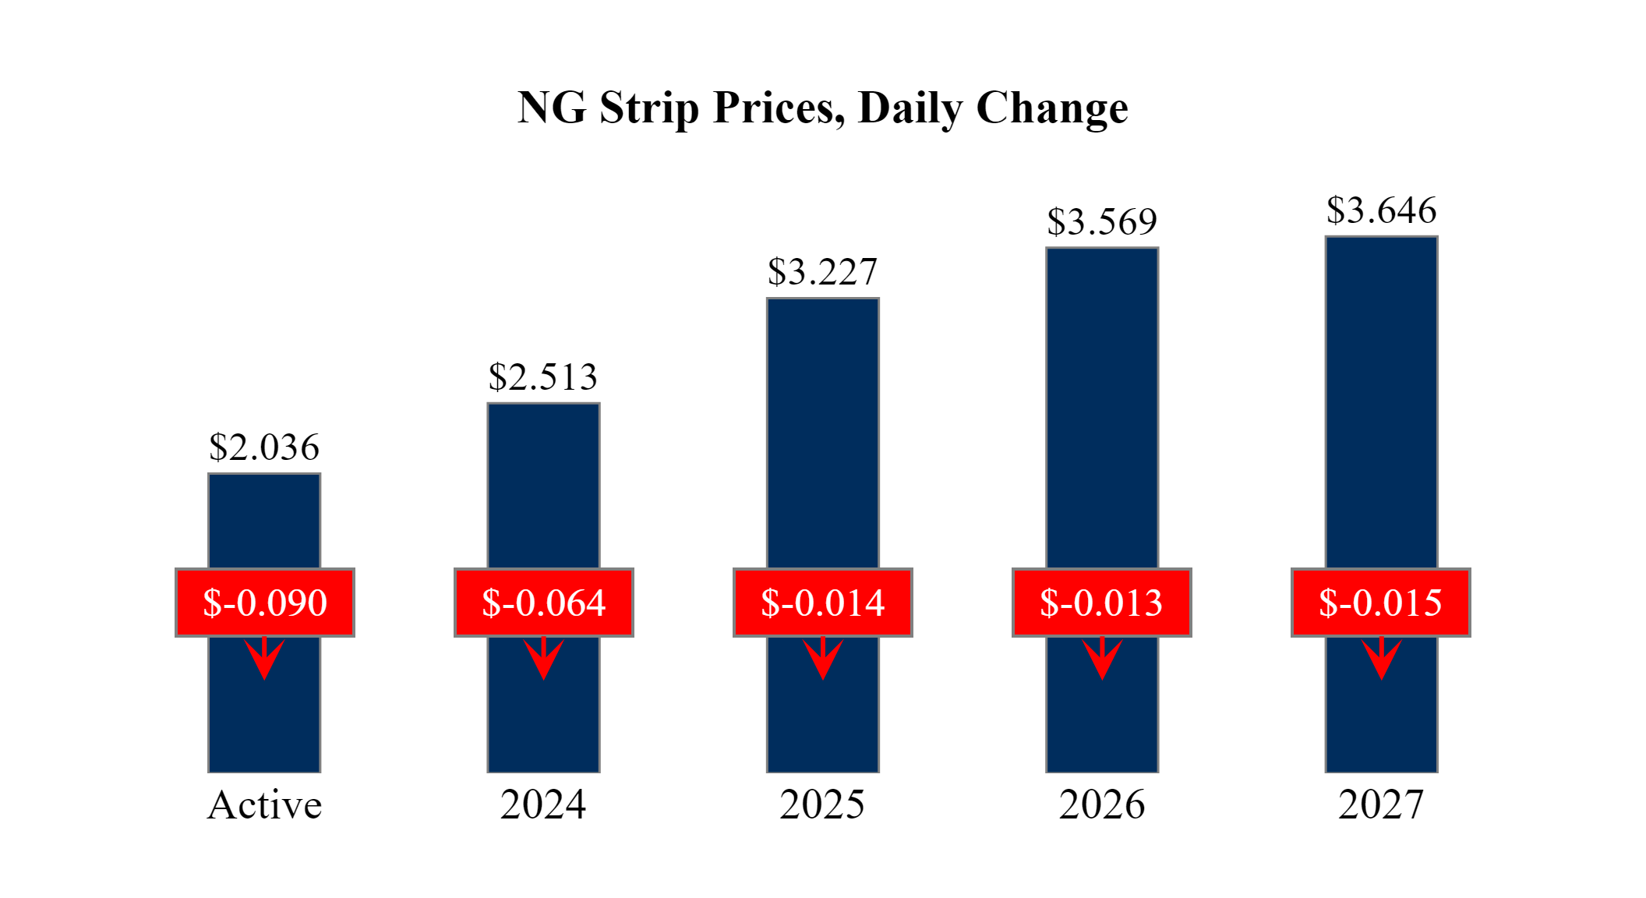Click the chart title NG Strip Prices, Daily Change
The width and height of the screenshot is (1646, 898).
(822, 108)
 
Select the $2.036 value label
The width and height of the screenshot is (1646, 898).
(264, 447)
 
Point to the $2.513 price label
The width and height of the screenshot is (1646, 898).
(543, 377)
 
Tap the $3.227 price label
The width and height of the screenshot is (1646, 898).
(822, 272)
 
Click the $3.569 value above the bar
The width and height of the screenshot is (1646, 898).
(1102, 222)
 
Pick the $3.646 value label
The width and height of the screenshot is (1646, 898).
(1381, 210)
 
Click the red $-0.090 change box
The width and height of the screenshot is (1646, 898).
(265, 603)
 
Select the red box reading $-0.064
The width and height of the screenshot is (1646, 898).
(544, 603)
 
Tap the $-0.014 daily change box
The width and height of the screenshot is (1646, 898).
(823, 603)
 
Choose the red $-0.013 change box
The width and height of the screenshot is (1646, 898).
(1102, 603)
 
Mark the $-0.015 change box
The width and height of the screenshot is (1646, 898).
(1381, 603)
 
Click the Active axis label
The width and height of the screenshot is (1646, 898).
(264, 805)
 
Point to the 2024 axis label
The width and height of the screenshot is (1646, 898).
(543, 805)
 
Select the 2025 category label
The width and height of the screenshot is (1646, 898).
(822, 805)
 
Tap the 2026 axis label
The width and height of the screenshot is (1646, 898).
(1102, 805)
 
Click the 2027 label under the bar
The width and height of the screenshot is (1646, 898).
(1381, 805)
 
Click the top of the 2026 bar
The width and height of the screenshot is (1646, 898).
(1102, 251)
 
